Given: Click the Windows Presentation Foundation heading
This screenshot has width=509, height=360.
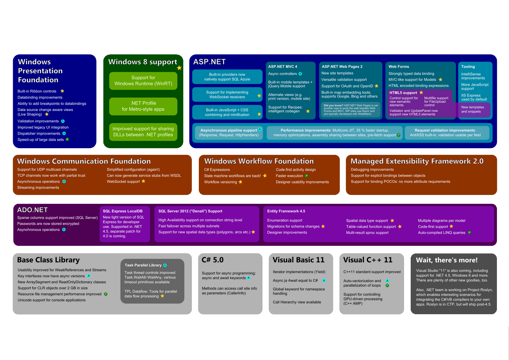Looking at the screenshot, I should (x=40, y=71).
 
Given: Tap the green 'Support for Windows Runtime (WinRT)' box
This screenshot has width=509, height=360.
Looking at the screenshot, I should (x=143, y=81).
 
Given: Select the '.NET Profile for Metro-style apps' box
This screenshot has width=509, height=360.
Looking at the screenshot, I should (x=143, y=106).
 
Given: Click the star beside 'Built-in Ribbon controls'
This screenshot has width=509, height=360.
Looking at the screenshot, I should (x=62, y=91).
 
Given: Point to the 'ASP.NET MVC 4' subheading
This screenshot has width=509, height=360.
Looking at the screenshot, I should (x=282, y=66).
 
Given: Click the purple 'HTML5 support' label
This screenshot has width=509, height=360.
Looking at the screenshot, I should (x=403, y=93).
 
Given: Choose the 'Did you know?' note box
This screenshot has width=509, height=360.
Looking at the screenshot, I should (x=351, y=110).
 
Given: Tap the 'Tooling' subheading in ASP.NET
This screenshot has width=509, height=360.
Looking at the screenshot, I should (x=468, y=66).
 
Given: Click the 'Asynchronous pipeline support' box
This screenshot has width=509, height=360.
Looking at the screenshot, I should (x=229, y=133).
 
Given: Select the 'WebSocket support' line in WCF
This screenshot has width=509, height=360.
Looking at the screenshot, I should (x=123, y=182).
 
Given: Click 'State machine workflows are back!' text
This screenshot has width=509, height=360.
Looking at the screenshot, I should (x=233, y=176).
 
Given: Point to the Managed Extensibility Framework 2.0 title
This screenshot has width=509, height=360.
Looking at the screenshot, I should (x=417, y=161).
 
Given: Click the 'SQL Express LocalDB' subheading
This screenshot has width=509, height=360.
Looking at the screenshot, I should (x=122, y=211).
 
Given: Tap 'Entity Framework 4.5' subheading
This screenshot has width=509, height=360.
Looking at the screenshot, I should (x=286, y=211).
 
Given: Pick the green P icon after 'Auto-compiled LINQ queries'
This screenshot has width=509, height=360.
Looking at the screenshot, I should (x=470, y=233).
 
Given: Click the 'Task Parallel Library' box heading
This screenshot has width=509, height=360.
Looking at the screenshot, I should (x=143, y=265).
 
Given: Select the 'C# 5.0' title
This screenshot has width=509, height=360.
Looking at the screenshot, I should (x=213, y=260).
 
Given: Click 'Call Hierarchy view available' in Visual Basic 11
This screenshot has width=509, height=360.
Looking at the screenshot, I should (x=297, y=302).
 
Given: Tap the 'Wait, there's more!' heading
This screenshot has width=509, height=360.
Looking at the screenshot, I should (x=447, y=260).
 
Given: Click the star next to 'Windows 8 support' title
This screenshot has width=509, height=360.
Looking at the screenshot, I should (x=179, y=68).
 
